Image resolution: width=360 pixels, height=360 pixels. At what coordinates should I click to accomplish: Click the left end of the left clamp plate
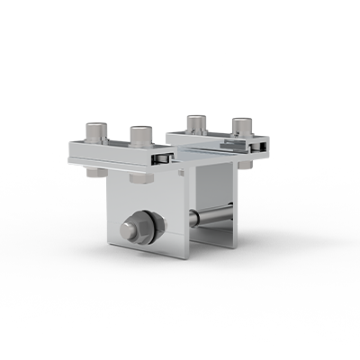pos(70,154)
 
